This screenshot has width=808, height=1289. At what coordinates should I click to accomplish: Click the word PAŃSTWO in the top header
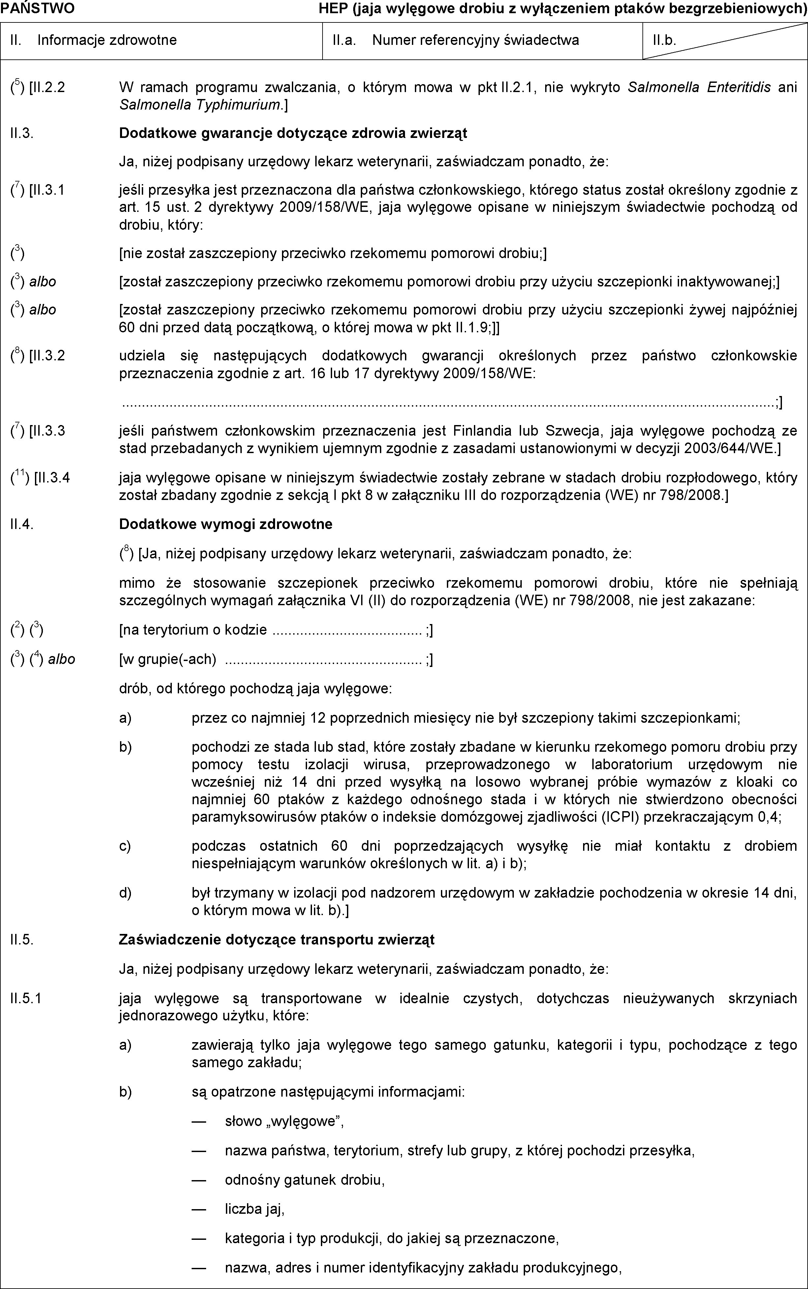pos(37,9)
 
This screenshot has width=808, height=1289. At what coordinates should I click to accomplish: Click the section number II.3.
pos(22,133)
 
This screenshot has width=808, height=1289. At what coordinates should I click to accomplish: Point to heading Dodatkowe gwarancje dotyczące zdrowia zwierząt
pos(293,133)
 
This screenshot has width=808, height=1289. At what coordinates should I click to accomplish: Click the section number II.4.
pos(22,524)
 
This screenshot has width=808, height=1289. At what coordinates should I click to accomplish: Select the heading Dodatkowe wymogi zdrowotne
pos(226,524)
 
